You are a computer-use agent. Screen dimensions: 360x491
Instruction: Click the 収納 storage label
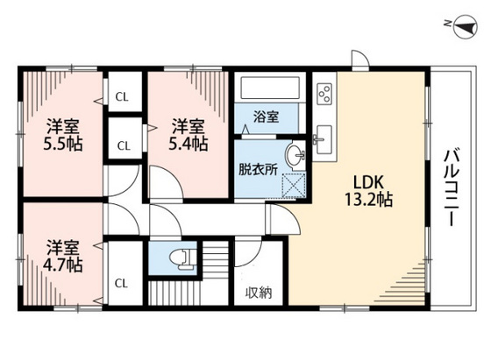click(x=258, y=293)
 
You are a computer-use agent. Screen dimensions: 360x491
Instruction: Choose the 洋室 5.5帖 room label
click(x=63, y=134)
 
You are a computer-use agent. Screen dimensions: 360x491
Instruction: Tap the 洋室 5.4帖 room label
click(x=189, y=132)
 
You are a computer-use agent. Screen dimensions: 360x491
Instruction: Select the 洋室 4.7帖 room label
click(x=63, y=254)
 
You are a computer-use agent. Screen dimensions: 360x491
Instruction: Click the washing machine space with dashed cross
click(x=292, y=185)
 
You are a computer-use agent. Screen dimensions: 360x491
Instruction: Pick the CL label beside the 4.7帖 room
click(x=124, y=282)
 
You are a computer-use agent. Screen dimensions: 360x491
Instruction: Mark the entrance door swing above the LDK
click(x=359, y=60)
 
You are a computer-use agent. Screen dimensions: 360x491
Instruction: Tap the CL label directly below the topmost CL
click(x=124, y=145)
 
